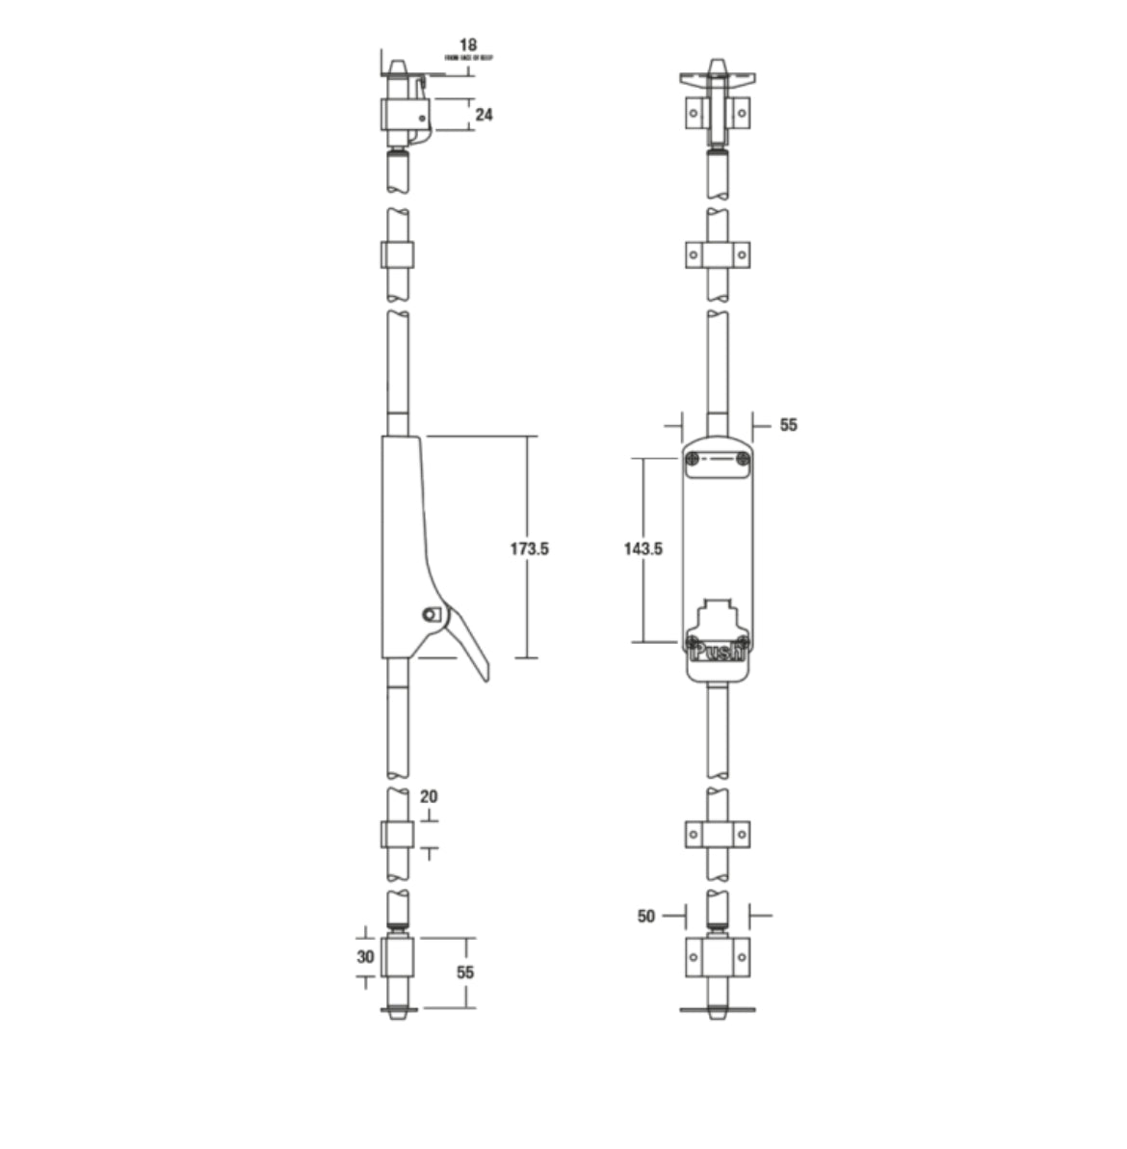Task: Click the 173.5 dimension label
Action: (529, 549)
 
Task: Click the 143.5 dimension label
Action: (643, 549)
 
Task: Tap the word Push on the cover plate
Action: (718, 653)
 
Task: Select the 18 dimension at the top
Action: (468, 45)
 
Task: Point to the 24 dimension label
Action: (485, 115)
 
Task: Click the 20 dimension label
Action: (430, 797)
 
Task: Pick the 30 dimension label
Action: (365, 957)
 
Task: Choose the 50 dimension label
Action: (646, 917)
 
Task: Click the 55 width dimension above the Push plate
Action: (789, 425)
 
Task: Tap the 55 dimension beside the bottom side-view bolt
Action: (465, 973)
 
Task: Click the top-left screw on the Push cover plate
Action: (694, 461)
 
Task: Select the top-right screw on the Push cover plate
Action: (742, 461)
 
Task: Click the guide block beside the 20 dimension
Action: (398, 836)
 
